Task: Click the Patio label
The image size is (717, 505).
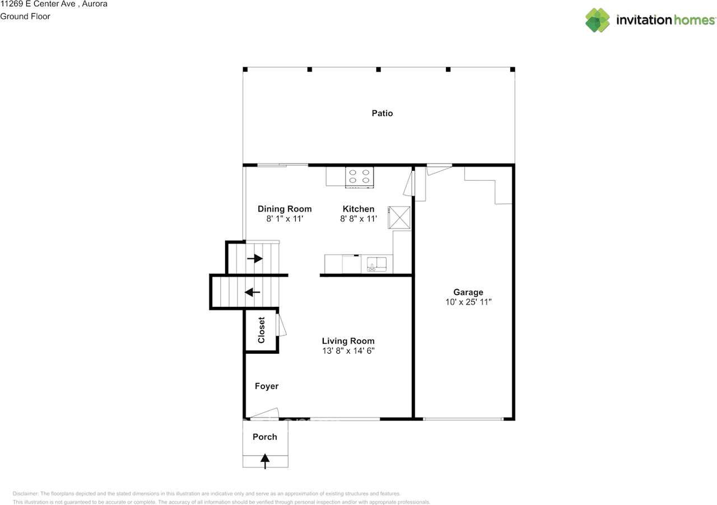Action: pos(382,113)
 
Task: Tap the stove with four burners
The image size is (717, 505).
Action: pos(359,176)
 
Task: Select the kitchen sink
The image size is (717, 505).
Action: pos(376,264)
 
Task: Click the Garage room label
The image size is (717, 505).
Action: pos(468,292)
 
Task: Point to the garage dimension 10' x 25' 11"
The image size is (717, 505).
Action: pos(468,302)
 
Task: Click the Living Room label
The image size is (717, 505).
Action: pos(348,341)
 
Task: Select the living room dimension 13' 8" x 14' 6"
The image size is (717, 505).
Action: pos(348,351)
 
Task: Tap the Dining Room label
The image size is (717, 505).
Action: pos(285,209)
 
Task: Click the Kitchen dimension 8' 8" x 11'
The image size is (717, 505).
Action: pos(358,219)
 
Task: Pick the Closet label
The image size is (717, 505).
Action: pos(261,330)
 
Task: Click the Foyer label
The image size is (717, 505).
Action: pos(267,386)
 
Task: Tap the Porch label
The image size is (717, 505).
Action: pos(265,437)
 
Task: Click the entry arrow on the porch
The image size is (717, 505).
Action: pos(265,461)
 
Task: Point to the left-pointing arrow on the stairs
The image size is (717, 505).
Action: pos(253,292)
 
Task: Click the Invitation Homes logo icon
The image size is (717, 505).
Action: pos(598,20)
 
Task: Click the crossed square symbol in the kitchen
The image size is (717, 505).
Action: pos(400,217)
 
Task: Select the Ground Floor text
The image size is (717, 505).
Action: pos(25,16)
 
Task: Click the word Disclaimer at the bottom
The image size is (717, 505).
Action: pos(26,494)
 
